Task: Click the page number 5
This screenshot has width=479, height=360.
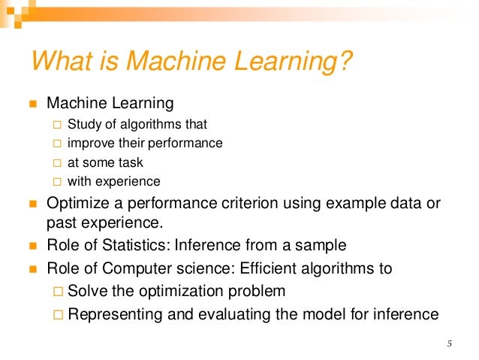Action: coord(449,345)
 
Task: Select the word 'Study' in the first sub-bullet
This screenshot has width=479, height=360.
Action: coord(83,124)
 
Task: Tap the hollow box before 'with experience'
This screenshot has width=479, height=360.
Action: coord(57,181)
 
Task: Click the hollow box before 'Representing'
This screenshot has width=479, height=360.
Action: coord(58,314)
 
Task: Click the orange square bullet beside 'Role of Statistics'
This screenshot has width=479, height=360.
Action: coord(32,246)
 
